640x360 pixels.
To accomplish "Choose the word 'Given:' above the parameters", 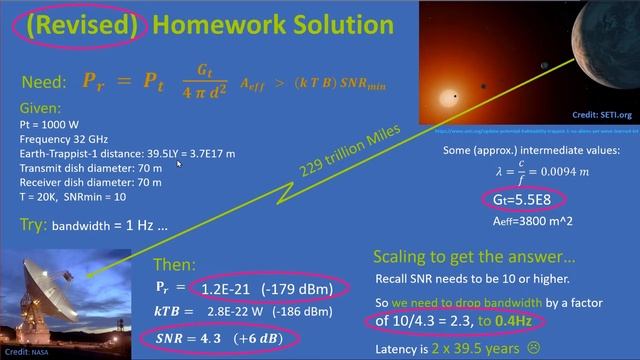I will coord(39,104).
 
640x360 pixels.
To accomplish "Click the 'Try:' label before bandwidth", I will coord(33,226).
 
